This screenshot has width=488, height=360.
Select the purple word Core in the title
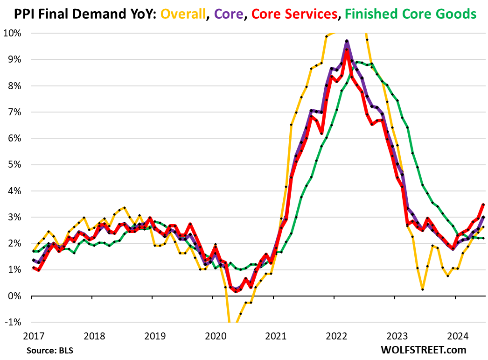pos(225,14)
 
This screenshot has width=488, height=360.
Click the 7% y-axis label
pos(13,112)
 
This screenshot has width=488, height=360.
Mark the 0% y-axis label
pos(13,296)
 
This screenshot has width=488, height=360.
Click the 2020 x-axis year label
pos(215,335)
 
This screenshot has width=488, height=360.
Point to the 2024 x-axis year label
pos(459,335)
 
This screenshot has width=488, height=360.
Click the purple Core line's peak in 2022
pos(347,42)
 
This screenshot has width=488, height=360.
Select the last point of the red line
pos(483,205)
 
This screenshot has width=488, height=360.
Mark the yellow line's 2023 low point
pos(422,289)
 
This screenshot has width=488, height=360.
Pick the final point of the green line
pos(483,238)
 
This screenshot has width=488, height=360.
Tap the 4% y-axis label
pos(13,191)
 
